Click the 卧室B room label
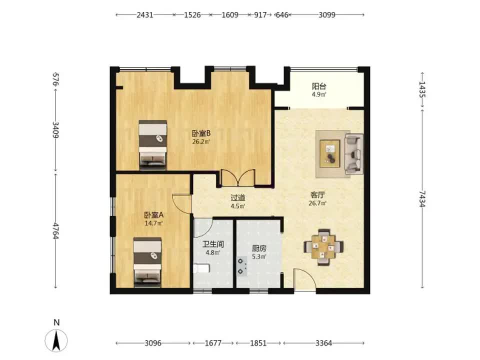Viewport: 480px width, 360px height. click(201, 133)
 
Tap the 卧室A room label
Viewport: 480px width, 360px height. click(153, 215)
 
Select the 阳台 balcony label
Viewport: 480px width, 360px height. click(319, 86)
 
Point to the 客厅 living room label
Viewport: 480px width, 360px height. click(318, 194)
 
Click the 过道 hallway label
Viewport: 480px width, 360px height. click(238, 198)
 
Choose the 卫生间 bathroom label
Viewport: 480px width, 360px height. click(213, 244)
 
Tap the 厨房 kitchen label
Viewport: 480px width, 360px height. click(259, 248)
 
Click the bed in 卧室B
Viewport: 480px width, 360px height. click(153, 145)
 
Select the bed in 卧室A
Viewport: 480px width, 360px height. click(147, 262)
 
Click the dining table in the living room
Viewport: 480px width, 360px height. click(323, 246)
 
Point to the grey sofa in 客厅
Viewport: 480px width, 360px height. click(354, 154)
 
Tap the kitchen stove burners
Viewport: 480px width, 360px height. click(242, 266)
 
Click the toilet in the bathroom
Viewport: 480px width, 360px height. click(201, 269)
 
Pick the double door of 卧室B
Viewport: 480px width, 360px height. click(238, 177)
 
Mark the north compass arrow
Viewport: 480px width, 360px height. click(56, 340)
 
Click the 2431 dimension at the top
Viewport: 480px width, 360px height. click(145, 14)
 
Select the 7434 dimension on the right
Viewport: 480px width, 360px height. click(422, 198)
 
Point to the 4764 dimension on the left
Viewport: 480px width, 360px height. click(55, 231)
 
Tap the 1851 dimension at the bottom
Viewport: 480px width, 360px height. click(258, 343)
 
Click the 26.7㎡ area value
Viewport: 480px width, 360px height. click(318, 203)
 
